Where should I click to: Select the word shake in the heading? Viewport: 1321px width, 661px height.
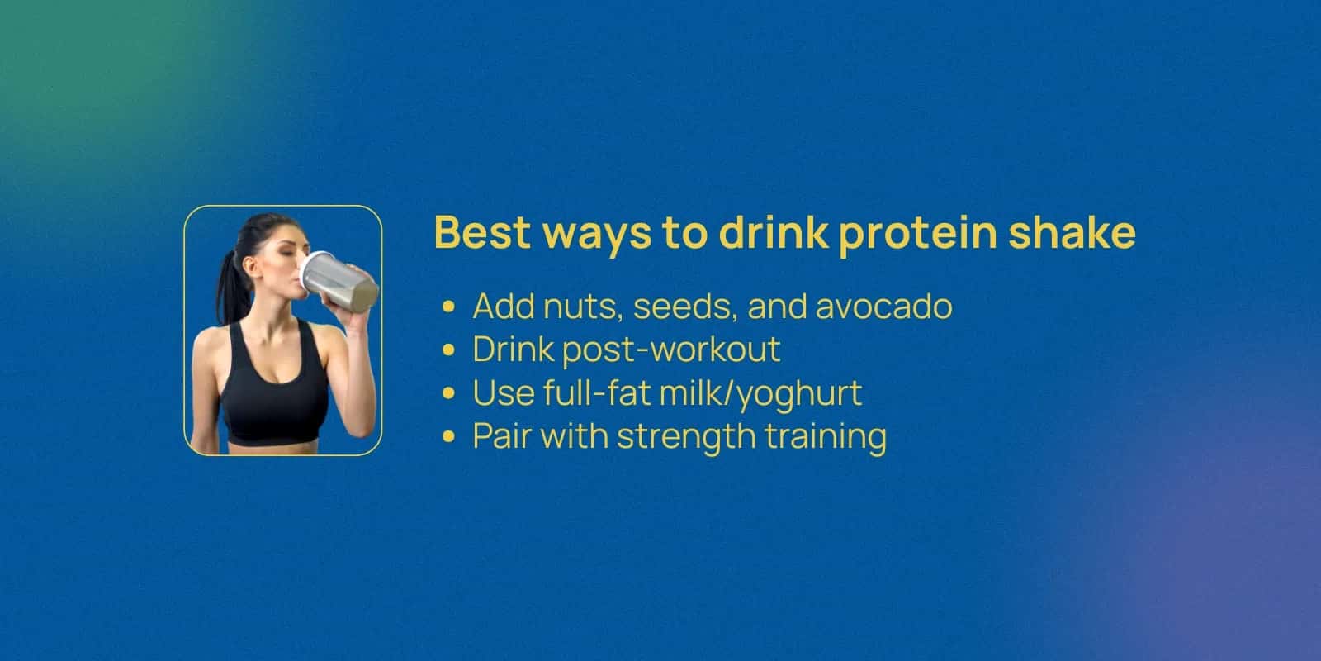[x=1072, y=232]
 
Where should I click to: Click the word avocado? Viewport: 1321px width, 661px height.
[x=884, y=307]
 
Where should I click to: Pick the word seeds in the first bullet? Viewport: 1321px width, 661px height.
[x=684, y=307]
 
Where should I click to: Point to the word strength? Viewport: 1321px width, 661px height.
[x=686, y=437]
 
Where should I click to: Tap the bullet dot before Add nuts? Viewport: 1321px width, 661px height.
[x=448, y=307]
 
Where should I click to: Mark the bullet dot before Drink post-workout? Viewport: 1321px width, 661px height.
[x=448, y=350]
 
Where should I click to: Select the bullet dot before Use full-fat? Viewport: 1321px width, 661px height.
[x=448, y=392]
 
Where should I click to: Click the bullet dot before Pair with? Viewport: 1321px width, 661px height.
[x=448, y=436]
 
